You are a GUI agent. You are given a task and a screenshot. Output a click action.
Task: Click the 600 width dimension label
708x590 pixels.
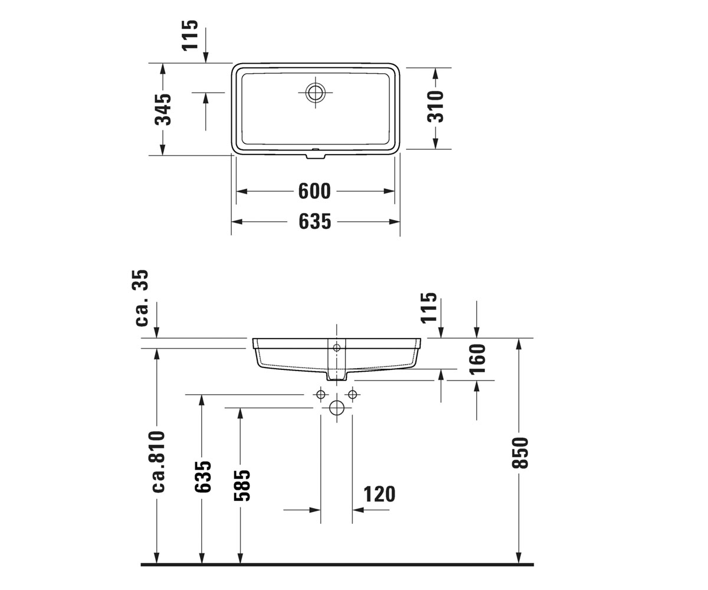point(314,191)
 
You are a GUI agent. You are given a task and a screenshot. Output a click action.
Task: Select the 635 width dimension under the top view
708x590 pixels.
point(314,222)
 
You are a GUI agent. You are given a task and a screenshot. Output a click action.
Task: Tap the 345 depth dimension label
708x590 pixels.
point(163,109)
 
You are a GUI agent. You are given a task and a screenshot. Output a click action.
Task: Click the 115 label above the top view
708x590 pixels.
point(190,35)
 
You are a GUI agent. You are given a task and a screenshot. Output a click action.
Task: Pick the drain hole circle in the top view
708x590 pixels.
point(315,93)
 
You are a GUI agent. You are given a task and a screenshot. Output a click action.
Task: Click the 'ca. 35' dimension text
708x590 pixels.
point(140,298)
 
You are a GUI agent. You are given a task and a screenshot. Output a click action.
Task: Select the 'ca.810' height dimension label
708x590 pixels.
point(158,461)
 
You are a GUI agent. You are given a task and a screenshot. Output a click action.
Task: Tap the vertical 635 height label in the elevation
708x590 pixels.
point(203,476)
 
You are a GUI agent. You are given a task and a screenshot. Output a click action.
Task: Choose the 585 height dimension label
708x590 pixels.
point(242,485)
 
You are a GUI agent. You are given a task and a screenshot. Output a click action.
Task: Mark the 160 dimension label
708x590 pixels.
point(478,359)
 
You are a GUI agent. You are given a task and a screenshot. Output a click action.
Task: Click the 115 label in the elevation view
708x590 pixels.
point(429,307)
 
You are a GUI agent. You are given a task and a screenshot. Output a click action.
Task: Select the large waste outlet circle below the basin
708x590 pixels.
point(337,408)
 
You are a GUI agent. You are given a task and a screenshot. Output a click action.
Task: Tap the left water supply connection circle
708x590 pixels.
point(320,395)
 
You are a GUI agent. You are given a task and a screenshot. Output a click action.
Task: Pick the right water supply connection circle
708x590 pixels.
point(353,395)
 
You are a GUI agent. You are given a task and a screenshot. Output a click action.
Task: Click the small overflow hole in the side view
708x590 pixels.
point(337,348)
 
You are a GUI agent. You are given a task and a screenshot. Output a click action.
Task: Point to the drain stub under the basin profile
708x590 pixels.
point(336,376)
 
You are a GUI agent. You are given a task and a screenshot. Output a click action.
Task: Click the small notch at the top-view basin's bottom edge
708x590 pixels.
point(316,156)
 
